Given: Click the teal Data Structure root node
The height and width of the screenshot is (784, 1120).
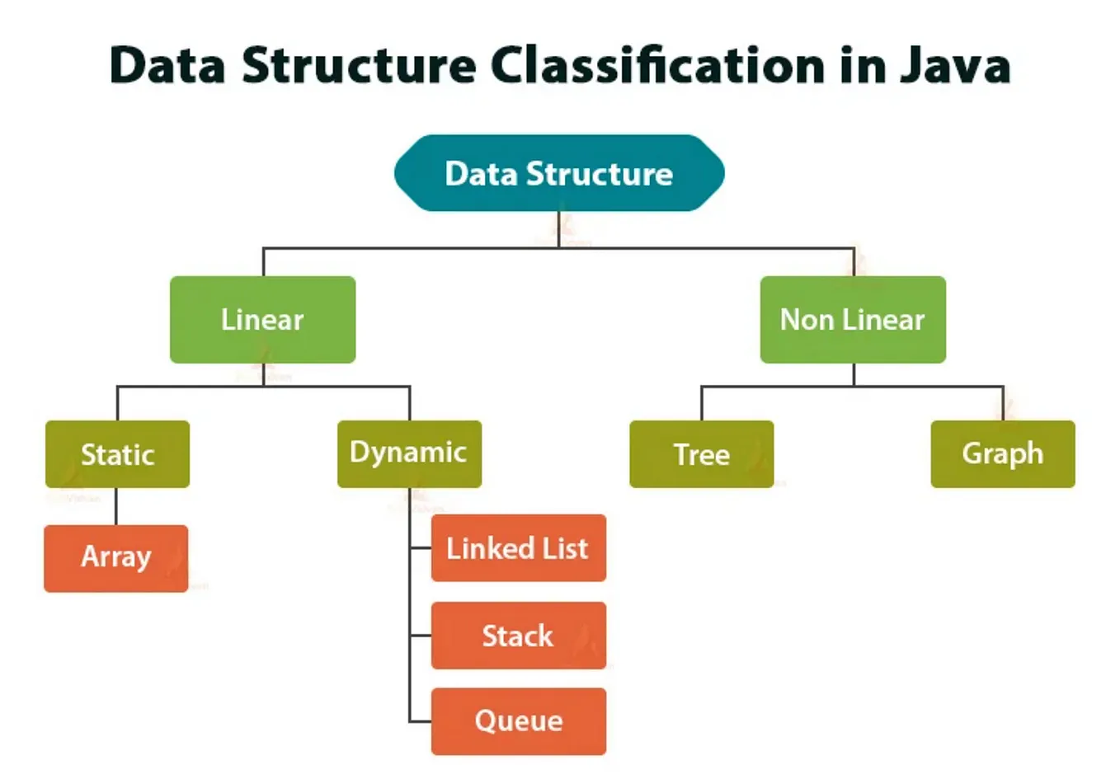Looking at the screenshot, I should click(559, 173).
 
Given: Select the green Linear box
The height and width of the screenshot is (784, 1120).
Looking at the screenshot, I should click(262, 319).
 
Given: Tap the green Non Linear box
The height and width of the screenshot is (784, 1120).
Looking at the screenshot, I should click(852, 319).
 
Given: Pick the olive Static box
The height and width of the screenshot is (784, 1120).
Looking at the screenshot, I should click(117, 454).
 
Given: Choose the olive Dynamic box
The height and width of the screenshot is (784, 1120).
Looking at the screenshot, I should click(409, 453).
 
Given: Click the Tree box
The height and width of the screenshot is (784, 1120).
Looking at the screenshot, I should click(701, 454).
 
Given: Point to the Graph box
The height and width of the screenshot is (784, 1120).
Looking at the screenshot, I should click(1002, 454).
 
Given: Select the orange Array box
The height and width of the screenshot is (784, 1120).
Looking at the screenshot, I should click(115, 558).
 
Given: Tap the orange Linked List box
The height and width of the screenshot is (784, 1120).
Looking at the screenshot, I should click(518, 548).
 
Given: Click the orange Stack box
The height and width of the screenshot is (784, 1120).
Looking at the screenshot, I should click(518, 636).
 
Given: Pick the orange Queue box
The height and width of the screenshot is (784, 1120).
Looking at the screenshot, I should click(518, 721).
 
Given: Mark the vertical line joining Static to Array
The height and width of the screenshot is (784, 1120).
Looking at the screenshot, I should click(115, 506).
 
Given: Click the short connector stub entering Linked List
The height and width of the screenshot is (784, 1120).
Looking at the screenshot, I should click(421, 547).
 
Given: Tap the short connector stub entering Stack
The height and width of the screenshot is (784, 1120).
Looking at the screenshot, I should click(421, 636).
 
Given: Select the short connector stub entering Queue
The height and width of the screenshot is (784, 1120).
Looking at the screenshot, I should click(421, 721).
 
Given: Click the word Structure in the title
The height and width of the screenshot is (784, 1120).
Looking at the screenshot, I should click(359, 66).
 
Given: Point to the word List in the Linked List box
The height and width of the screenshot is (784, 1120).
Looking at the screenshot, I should click(565, 548).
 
